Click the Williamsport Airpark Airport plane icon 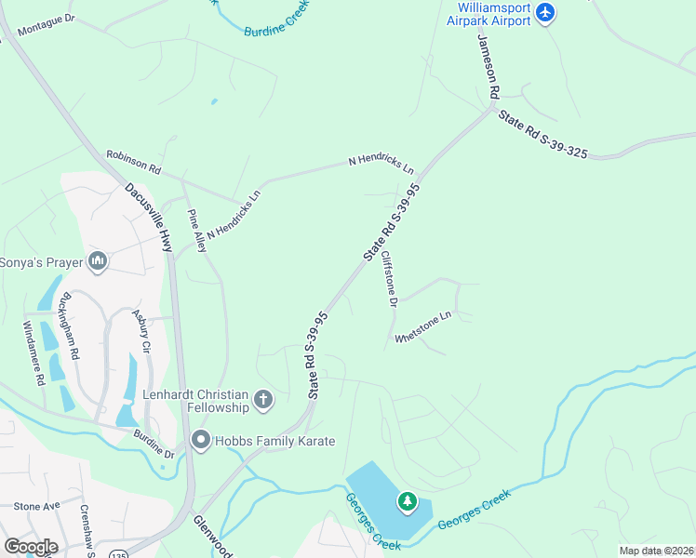tap(545, 12)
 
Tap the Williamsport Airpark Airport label tap(488, 14)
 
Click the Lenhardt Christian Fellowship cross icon tap(263, 400)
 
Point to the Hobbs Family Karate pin tap(200, 440)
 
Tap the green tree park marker tap(407, 502)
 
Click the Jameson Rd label tap(489, 67)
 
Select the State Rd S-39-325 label tap(542, 136)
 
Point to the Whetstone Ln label tap(422, 326)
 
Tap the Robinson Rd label tap(133, 164)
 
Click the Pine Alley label tap(197, 231)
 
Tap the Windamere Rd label tap(33, 353)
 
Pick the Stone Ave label tap(36, 506)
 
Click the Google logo tap(32, 547)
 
